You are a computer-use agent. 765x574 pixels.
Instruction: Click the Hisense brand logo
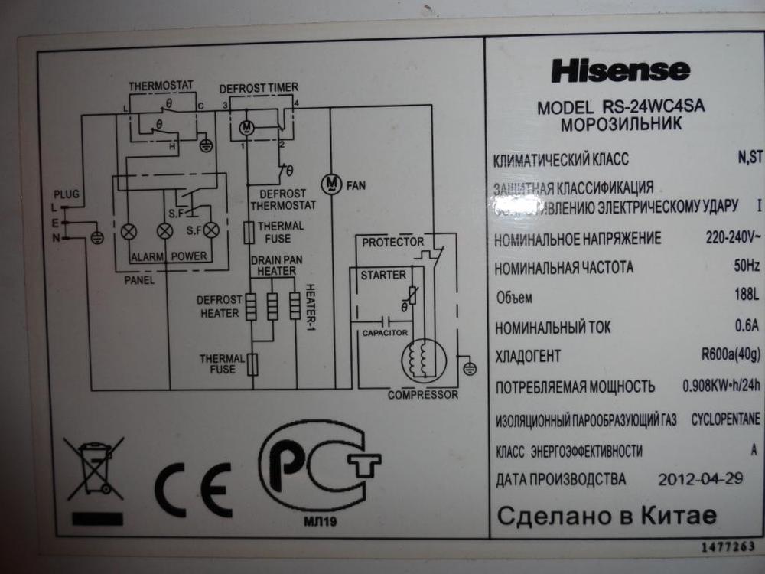[620, 71]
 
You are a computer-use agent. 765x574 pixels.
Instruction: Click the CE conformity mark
[192, 489]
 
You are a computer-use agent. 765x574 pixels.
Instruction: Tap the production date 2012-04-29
[700, 479]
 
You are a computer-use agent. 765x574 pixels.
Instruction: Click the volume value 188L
[745, 296]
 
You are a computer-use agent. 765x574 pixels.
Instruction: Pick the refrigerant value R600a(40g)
[731, 355]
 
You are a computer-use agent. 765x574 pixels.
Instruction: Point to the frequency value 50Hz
[746, 266]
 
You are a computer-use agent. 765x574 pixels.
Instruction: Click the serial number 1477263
[728, 546]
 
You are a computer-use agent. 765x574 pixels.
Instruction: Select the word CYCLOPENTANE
[725, 419]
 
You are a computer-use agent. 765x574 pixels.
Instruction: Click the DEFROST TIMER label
[259, 88]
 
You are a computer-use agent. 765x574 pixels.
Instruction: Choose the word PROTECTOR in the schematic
[392, 243]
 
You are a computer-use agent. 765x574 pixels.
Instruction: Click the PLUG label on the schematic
[65, 194]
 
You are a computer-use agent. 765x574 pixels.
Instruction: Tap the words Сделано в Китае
[607, 515]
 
